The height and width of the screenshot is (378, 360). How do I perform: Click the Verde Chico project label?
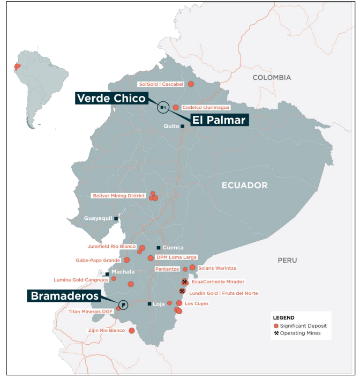click(111, 98)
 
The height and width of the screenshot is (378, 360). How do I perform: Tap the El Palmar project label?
click(218, 120)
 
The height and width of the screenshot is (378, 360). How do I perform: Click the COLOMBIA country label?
click(272, 78)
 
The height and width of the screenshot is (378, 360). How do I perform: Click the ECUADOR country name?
click(244, 186)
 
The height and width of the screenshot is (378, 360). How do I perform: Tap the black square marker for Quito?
click(183, 127)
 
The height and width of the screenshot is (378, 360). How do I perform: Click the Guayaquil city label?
click(97, 219)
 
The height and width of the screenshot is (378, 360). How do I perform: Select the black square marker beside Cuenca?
click(158, 248)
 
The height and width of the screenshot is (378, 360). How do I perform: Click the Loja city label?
click(159, 304)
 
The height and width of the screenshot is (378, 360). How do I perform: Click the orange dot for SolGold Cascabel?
click(191, 84)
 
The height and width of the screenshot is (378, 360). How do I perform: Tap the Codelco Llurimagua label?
click(206, 108)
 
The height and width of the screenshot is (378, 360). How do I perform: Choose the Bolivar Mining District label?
click(118, 196)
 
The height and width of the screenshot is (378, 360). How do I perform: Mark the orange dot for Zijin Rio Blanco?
click(132, 331)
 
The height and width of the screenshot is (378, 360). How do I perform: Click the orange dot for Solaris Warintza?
click(192, 268)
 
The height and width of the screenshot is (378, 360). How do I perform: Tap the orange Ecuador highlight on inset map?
click(18, 68)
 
